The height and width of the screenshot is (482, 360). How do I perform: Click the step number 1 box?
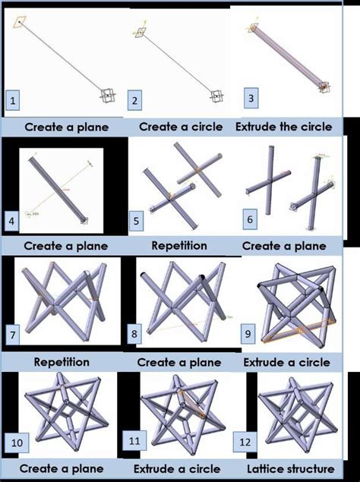pyautogui.click(x=13, y=99)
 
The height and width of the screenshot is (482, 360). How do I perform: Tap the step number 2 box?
pyautogui.click(x=135, y=99)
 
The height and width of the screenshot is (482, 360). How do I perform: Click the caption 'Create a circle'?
pyautogui.click(x=180, y=127)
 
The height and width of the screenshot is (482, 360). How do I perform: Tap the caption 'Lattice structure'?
pyautogui.click(x=294, y=469)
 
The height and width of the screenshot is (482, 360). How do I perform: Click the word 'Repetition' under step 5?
pyautogui.click(x=179, y=246)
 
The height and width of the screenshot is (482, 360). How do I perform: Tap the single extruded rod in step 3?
pyautogui.click(x=289, y=58)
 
